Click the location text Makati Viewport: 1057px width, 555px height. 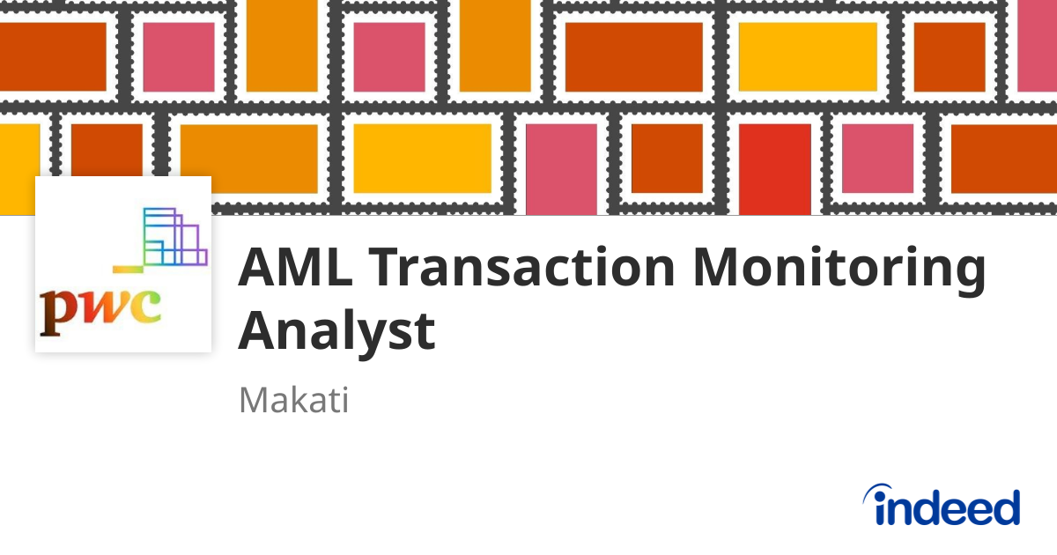point(294,401)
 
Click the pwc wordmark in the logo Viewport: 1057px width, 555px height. point(100,309)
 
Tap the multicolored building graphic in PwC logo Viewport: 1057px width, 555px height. point(173,237)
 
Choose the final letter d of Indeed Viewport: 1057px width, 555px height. point(1004,507)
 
